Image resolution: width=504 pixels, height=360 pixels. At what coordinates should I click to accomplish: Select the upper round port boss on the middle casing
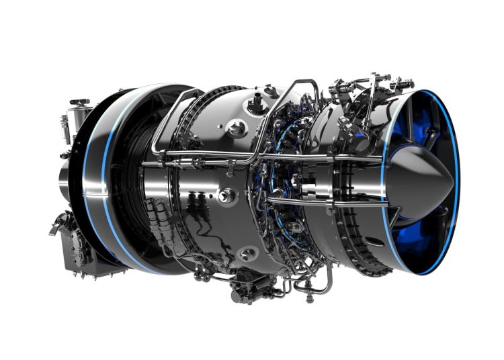click(235, 127)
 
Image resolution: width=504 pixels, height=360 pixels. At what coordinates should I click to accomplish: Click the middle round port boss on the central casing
click(226, 195)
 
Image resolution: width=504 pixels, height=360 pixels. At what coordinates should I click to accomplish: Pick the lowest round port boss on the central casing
click(248, 253)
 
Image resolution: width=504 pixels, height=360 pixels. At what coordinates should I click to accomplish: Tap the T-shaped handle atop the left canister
click(79, 102)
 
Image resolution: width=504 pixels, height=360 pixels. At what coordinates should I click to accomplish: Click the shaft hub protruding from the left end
click(65, 178)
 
